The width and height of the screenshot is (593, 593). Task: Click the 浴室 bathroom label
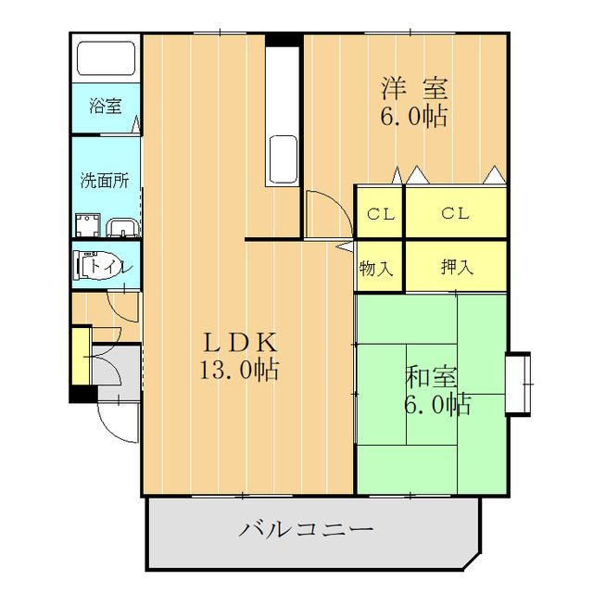(x=105, y=106)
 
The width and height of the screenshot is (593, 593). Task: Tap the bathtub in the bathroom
(x=106, y=58)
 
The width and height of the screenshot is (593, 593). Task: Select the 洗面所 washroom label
(x=104, y=180)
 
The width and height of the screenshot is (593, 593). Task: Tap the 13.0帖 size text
(x=239, y=372)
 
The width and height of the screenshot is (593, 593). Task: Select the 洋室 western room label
(x=413, y=90)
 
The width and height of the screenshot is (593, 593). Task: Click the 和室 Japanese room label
(x=431, y=377)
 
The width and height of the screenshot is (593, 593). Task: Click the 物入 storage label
(x=376, y=269)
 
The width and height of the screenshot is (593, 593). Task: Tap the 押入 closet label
(x=456, y=268)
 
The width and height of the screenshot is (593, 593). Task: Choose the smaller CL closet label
(x=380, y=214)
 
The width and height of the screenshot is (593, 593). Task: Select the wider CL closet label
(x=455, y=214)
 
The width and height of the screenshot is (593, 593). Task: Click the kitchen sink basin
(x=282, y=157)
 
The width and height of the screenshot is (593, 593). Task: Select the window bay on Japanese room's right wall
(x=519, y=381)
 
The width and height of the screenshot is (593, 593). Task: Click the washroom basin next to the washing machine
(x=120, y=226)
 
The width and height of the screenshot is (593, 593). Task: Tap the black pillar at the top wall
(x=284, y=39)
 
